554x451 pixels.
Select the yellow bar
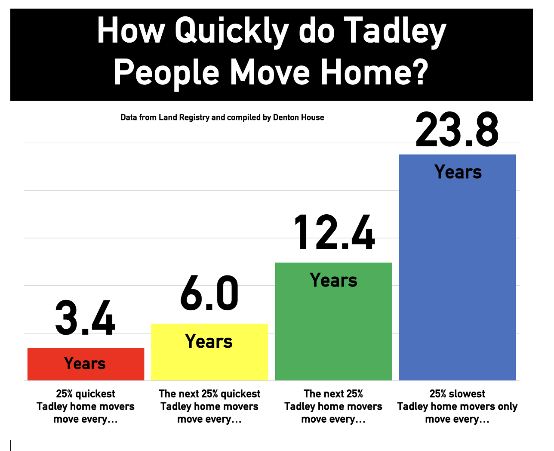click(x=209, y=352)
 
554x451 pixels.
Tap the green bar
click(x=333, y=321)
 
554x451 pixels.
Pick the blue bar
click(x=457, y=267)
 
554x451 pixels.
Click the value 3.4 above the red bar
click(x=85, y=318)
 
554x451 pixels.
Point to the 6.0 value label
click(x=209, y=293)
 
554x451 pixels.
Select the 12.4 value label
click(x=334, y=232)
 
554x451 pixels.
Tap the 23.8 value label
click(x=457, y=130)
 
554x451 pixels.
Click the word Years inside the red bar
click(x=85, y=363)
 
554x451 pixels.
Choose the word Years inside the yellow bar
click(x=209, y=341)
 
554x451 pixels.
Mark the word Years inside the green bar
click(x=333, y=280)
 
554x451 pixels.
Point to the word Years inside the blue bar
click(x=458, y=172)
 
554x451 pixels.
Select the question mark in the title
click(x=420, y=71)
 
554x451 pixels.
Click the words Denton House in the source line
click(x=299, y=117)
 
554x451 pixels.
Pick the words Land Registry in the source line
click(x=184, y=117)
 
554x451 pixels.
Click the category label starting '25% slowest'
click(x=457, y=406)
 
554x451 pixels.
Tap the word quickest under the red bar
click(x=95, y=394)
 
